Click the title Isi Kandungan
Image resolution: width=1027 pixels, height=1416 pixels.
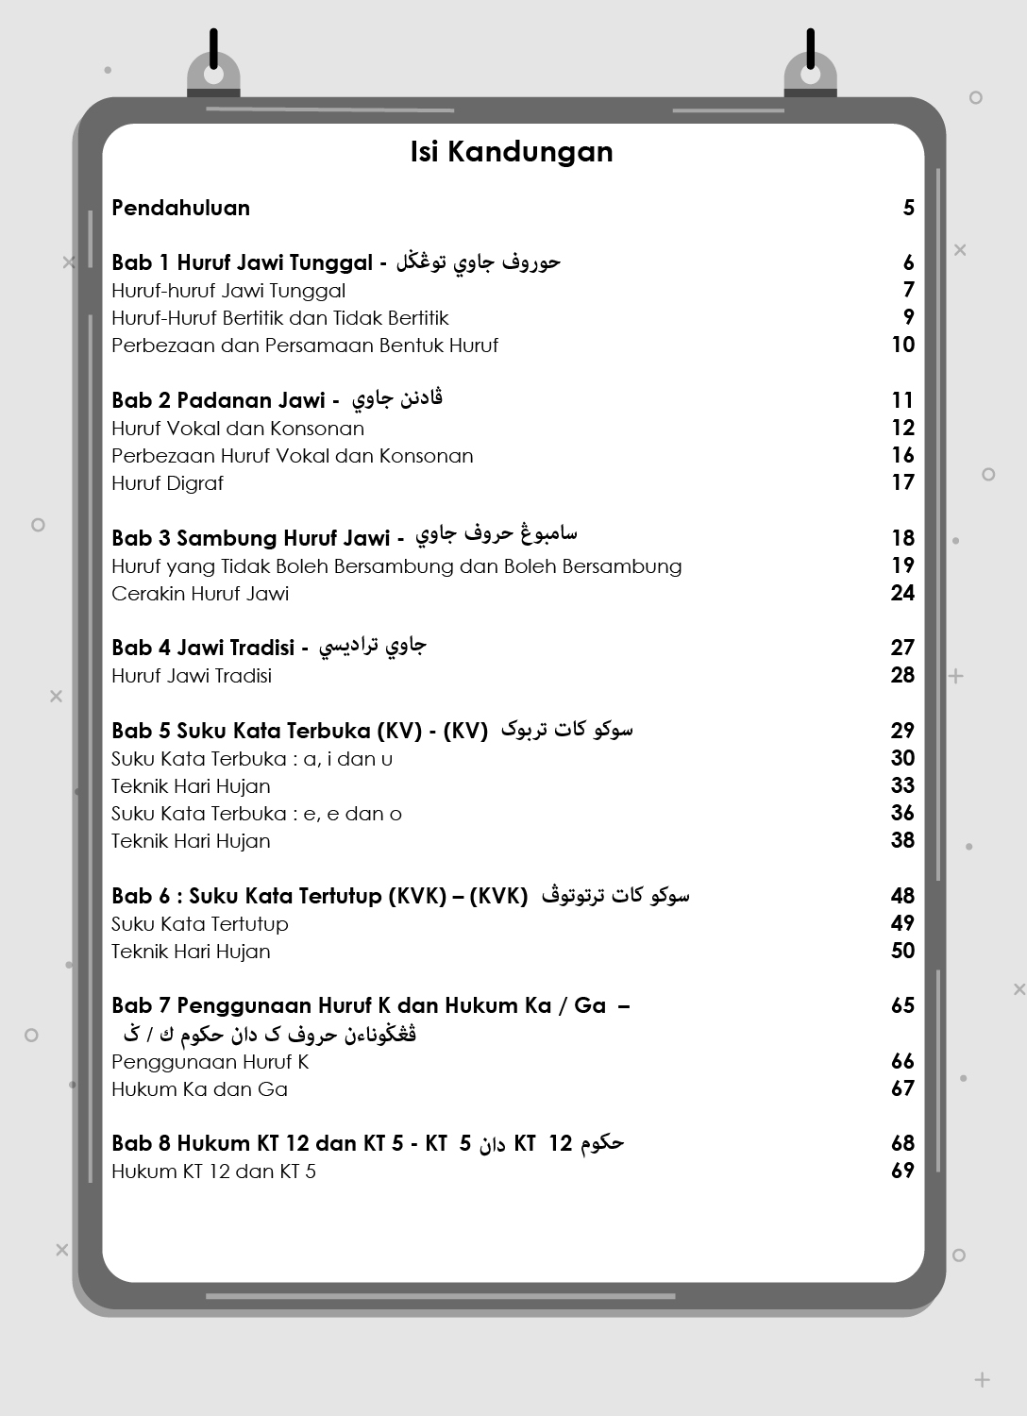click(x=512, y=152)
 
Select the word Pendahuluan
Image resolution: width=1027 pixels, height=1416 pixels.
click(x=180, y=208)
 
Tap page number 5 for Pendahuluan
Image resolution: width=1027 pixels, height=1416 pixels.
click(x=908, y=208)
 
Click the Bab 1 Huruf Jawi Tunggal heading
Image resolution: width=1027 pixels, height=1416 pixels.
click(x=242, y=262)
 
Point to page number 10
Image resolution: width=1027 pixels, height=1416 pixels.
click(x=902, y=345)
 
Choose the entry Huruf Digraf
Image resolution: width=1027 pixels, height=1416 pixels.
click(x=167, y=483)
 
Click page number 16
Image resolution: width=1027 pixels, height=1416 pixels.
click(x=902, y=455)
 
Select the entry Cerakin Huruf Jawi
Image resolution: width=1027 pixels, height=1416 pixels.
click(x=200, y=594)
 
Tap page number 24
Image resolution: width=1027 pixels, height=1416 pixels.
click(x=902, y=593)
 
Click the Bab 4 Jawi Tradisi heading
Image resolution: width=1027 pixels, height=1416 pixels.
click(x=203, y=648)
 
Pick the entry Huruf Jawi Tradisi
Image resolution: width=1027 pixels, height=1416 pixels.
click(x=192, y=676)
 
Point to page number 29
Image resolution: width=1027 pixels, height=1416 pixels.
click(x=902, y=731)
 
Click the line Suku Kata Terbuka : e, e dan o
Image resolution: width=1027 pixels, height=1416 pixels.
click(x=256, y=814)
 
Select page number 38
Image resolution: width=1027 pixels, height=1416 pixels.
click(x=902, y=840)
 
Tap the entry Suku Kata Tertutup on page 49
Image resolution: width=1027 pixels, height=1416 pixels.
click(x=199, y=924)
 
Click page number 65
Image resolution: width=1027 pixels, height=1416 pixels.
click(x=902, y=1005)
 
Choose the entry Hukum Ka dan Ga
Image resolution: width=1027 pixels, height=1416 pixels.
click(x=199, y=1089)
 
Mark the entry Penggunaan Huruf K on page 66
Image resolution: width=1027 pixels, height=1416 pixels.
click(x=210, y=1062)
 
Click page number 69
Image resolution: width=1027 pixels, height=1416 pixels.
click(x=902, y=1171)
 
